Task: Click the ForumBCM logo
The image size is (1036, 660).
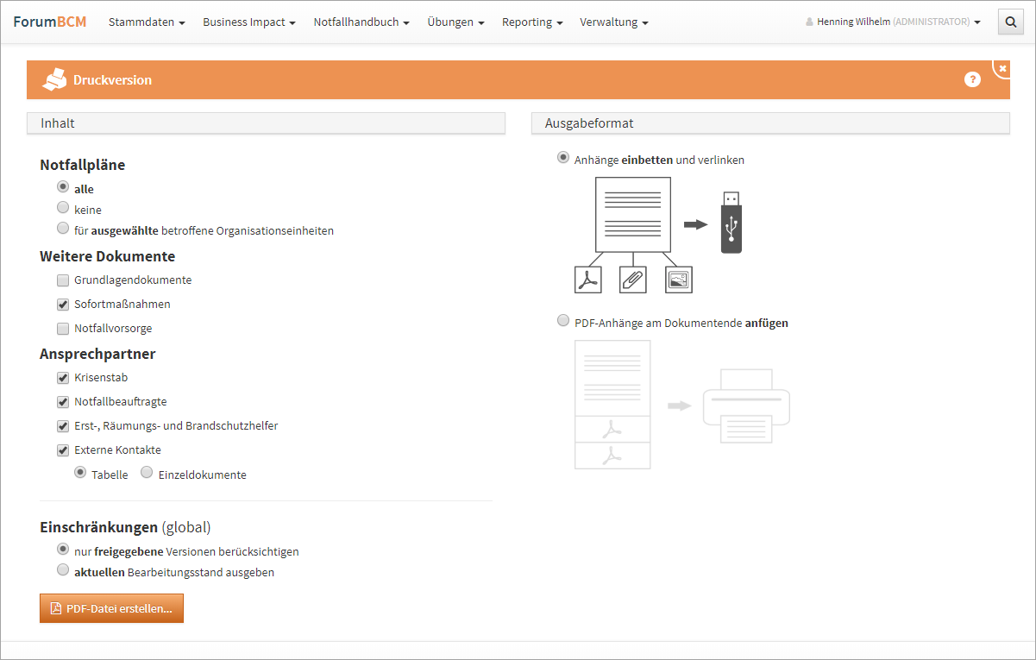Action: coord(50,22)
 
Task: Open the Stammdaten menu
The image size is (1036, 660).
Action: coord(147,22)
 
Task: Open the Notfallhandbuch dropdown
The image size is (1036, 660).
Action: coord(361,22)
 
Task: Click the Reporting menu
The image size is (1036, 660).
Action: coord(532,22)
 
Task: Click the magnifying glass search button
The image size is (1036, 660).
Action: coord(1011,22)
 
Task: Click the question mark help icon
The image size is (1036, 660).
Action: coord(972,79)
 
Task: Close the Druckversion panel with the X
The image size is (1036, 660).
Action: coord(1002,68)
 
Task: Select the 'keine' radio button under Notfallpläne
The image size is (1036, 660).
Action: coord(63,208)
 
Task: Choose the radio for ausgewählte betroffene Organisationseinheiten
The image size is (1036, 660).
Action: coord(63,229)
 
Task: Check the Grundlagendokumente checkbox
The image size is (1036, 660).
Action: coord(63,280)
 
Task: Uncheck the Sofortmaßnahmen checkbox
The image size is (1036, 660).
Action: coord(63,305)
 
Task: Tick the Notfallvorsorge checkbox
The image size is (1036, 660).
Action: coord(63,329)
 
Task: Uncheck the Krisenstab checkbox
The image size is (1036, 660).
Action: coord(63,378)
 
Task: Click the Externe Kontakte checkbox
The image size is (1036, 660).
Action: coord(63,450)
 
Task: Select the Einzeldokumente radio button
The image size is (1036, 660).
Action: coord(147,472)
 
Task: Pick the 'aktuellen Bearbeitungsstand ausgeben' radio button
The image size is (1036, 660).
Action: coord(63,569)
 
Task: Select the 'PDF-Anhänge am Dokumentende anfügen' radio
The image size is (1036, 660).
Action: coord(563,321)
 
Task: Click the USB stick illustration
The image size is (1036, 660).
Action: coord(731,223)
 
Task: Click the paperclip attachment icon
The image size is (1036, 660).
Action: coord(632,280)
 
